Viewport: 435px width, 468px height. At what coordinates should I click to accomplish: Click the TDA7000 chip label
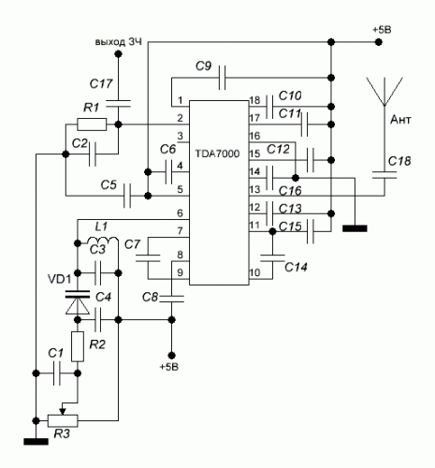click(x=217, y=154)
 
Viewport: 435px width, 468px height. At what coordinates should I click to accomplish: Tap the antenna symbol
click(x=384, y=92)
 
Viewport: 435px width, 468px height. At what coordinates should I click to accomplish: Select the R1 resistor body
click(x=92, y=124)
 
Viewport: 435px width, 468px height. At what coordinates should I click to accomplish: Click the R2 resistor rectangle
click(x=78, y=346)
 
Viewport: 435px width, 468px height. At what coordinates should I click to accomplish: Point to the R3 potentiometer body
click(x=63, y=420)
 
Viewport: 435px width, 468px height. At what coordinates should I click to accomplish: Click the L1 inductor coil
click(x=103, y=241)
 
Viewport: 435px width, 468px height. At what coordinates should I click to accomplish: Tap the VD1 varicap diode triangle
click(x=78, y=306)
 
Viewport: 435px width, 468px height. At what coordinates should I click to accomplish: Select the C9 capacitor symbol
click(x=222, y=78)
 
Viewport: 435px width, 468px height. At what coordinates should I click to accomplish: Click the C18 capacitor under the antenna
click(x=384, y=175)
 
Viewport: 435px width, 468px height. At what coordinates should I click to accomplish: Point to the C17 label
click(x=101, y=83)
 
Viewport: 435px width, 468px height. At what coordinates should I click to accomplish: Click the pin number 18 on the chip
click(x=254, y=100)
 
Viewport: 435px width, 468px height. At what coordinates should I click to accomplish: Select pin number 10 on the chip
click(x=254, y=272)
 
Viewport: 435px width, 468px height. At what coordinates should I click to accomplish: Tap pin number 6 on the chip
click(x=180, y=213)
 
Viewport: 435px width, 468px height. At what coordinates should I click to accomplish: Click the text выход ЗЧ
click(x=119, y=41)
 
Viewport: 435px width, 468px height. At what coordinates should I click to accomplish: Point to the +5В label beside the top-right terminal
click(x=382, y=30)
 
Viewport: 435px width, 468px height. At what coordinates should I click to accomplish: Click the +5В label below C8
click(x=169, y=367)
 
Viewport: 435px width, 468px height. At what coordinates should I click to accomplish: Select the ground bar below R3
click(x=36, y=442)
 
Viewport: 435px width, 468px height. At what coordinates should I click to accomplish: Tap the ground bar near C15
click(x=355, y=228)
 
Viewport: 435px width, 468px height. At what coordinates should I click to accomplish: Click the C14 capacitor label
click(x=296, y=267)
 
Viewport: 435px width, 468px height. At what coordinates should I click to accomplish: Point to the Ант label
click(x=400, y=120)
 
